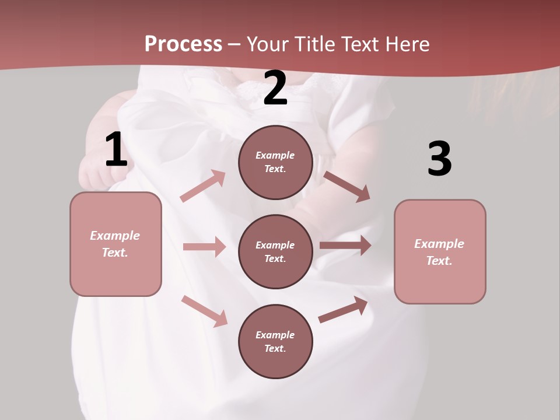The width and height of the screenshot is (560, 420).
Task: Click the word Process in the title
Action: pos(183,44)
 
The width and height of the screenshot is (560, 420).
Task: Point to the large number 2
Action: pos(275,88)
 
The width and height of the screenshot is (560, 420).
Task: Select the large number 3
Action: pos(439,159)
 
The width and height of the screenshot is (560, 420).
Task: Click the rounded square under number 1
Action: pos(116,244)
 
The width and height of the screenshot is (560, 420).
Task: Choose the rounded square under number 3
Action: pos(440,251)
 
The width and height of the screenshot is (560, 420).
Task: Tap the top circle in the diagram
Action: pos(275,162)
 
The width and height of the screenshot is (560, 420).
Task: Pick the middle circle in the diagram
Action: pos(275,251)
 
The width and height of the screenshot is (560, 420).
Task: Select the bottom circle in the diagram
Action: pos(275,341)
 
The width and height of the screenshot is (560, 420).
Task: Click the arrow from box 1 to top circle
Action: pos(203,186)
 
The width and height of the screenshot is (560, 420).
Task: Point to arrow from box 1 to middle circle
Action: pos(204,247)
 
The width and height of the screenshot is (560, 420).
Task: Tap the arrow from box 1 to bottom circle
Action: pos(204,311)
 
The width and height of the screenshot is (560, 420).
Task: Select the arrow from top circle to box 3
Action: pos(346,186)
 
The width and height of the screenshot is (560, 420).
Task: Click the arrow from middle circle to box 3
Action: pos(345,246)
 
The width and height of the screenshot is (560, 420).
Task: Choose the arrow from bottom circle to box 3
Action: pos(344,310)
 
